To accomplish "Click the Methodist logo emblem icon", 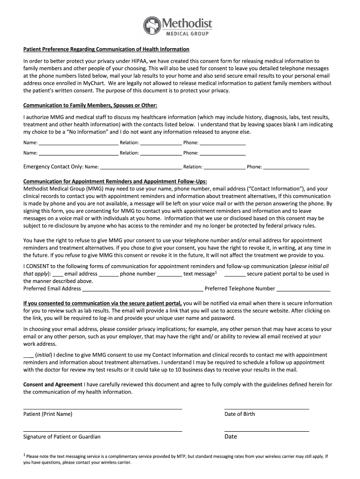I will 152,25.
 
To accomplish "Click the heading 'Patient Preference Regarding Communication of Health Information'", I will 106,49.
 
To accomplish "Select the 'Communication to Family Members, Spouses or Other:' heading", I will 90,105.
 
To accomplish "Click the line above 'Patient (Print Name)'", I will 102,408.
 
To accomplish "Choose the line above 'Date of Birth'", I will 266,408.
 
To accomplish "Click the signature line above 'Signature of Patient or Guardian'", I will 102,431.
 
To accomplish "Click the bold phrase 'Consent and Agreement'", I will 52,385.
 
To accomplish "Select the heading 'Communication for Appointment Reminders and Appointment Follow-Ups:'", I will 115,181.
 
